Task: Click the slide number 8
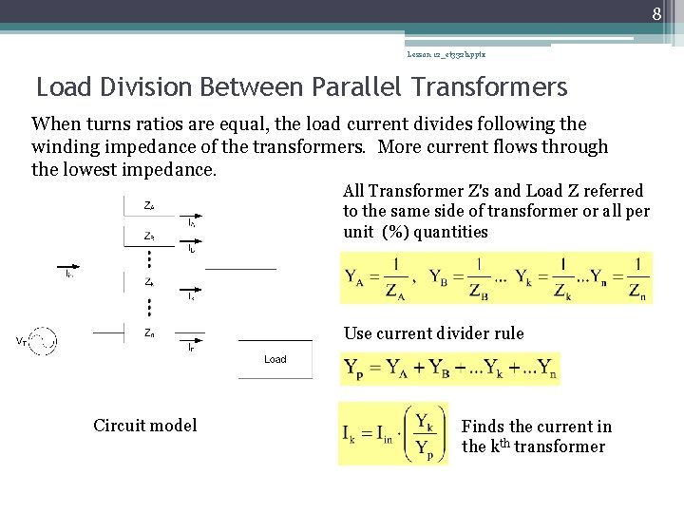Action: pyautogui.click(x=655, y=13)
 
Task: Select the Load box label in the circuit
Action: pyautogui.click(x=275, y=359)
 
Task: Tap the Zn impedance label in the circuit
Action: pyautogui.click(x=149, y=332)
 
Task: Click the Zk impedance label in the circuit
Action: pyautogui.click(x=149, y=282)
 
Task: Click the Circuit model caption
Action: pyautogui.click(x=145, y=425)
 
